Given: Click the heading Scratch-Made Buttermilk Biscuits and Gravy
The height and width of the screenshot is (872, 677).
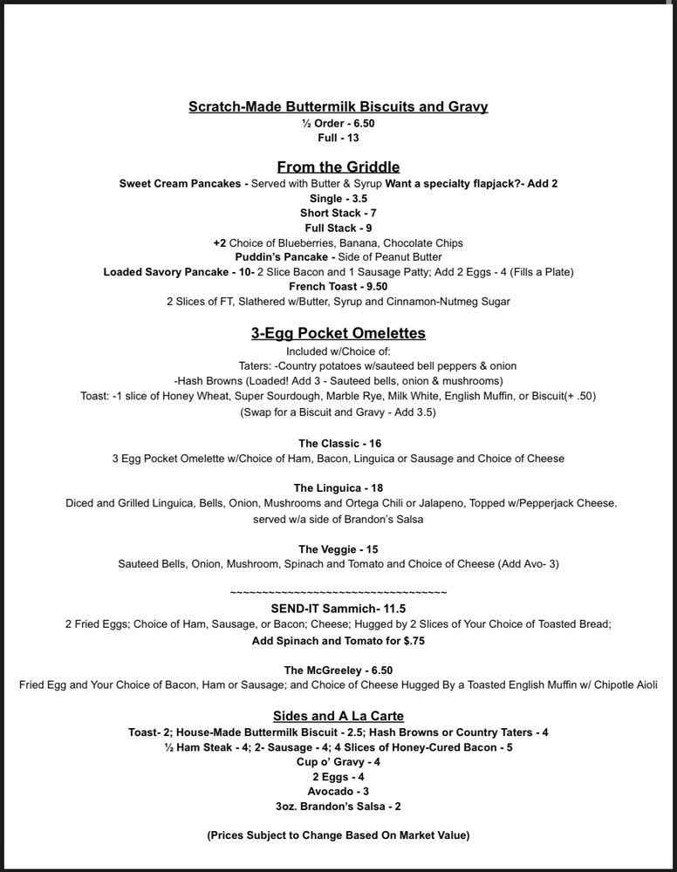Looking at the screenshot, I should click(x=338, y=106).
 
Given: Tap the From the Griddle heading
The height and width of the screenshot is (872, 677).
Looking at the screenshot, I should click(x=338, y=167).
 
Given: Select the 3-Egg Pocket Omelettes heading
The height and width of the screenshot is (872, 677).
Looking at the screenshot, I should click(x=338, y=333).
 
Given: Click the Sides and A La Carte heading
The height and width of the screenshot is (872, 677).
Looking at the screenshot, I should click(x=338, y=716).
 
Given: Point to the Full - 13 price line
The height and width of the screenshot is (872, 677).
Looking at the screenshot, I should click(x=338, y=138).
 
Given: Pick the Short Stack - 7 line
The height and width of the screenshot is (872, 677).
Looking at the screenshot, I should click(x=338, y=213).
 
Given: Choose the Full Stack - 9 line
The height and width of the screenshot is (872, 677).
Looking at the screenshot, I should click(x=338, y=228).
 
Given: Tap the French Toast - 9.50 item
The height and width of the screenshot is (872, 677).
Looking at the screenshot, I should click(x=338, y=286).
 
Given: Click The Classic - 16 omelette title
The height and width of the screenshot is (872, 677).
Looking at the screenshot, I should click(x=338, y=443).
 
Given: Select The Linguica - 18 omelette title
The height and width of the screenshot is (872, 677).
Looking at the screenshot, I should click(x=338, y=487).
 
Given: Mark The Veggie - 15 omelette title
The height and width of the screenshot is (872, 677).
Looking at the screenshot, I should click(x=338, y=549).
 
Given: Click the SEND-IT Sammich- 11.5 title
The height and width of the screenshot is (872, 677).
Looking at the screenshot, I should click(x=338, y=609).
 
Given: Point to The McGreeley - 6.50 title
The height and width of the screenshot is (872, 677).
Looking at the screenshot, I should click(x=338, y=670).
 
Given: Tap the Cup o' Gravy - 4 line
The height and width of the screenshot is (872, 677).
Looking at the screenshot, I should click(x=338, y=761).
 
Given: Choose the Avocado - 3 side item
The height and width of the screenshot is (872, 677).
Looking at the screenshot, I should click(x=338, y=791).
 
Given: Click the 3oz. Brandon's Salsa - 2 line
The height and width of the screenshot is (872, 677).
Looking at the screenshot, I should click(x=338, y=807).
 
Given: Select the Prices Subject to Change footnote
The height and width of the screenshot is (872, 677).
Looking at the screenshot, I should click(x=338, y=835).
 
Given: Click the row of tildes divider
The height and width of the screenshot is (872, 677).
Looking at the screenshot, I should click(x=338, y=593).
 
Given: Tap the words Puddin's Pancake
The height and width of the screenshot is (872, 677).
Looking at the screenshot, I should click(x=278, y=257).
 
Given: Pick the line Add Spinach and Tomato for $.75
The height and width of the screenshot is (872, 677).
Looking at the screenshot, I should click(x=338, y=639).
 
